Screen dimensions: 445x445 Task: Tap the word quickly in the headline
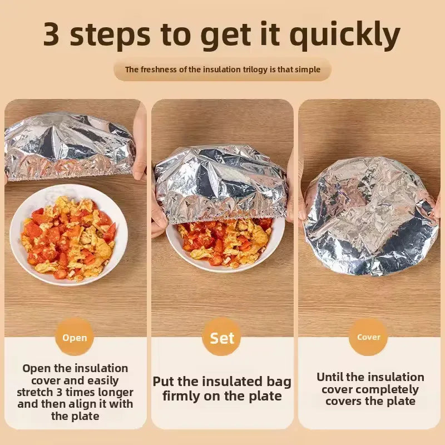click(345, 36)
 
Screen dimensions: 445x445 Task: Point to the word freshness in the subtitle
click(162, 70)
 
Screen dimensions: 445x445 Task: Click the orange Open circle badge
click(75, 338)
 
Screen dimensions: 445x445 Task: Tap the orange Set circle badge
click(222, 338)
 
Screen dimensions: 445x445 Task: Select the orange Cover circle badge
click(369, 337)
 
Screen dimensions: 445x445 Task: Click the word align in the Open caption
click(85, 404)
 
